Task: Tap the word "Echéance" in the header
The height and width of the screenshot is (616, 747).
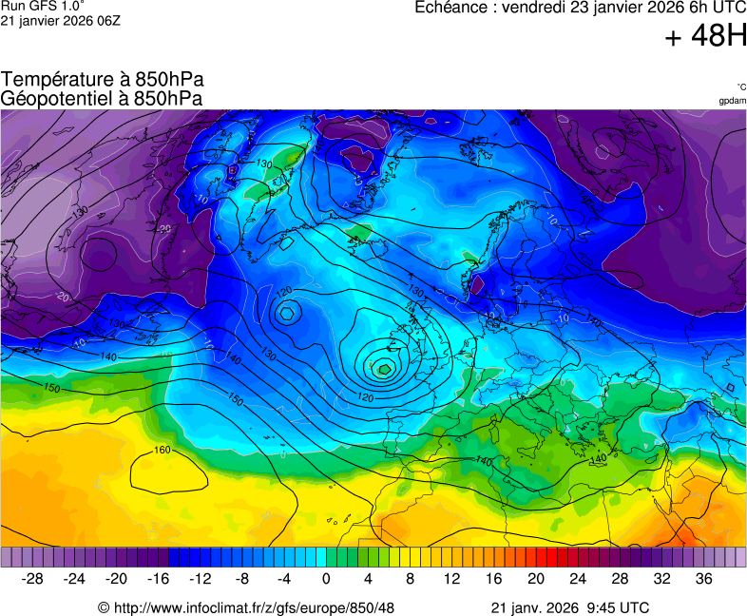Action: (453, 8)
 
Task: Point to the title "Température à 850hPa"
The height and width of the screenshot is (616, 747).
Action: (102, 80)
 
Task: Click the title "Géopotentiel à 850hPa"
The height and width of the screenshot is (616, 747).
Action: (102, 98)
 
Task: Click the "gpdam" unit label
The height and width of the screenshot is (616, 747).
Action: (732, 101)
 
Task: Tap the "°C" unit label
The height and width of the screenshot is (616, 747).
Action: (740, 87)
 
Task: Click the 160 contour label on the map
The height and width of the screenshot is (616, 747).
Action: (163, 450)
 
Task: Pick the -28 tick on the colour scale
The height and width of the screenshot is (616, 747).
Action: (33, 579)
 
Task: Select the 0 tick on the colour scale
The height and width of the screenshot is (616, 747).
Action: (326, 579)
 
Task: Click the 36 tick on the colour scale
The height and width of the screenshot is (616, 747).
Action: (703, 579)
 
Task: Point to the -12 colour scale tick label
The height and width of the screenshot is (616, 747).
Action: (200, 579)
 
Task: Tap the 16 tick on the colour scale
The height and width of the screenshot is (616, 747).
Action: (494, 579)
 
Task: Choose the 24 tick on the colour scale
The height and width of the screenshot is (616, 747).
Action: (578, 579)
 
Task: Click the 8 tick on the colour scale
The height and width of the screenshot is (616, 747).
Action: (411, 579)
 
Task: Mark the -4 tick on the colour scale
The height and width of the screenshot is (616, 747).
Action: (283, 579)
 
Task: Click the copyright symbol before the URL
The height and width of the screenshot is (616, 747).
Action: (105, 607)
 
